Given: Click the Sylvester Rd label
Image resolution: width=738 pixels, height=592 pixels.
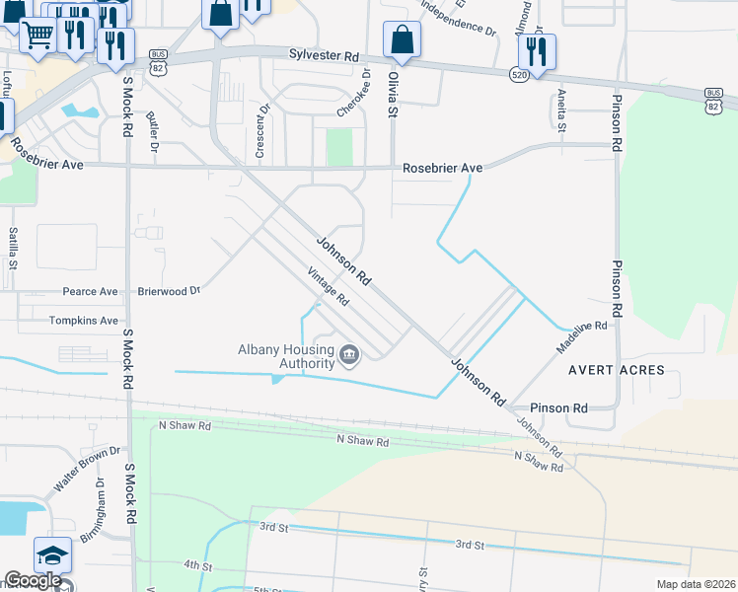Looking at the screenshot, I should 323,56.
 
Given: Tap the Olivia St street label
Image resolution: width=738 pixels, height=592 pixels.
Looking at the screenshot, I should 393,95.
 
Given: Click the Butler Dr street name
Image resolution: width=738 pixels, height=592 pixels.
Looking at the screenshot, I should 153,131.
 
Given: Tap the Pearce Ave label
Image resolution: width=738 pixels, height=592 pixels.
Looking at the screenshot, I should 90,292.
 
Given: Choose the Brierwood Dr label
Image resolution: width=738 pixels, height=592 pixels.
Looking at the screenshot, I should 169,292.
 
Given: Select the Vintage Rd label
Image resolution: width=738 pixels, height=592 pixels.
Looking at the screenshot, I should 329,286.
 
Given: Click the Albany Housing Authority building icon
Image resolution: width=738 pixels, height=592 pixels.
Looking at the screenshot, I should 348,354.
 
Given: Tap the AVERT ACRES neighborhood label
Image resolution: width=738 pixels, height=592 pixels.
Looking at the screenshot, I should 616,371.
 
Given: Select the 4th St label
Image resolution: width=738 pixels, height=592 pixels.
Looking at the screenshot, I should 197,565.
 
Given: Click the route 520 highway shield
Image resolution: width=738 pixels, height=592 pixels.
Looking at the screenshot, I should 519,74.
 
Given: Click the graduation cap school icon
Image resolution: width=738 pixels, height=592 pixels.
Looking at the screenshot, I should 52,555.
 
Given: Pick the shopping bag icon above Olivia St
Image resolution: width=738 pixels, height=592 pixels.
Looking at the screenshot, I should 402,39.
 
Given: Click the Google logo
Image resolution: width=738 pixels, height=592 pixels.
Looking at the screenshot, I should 33,581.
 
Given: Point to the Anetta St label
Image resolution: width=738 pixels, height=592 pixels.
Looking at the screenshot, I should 560,110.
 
